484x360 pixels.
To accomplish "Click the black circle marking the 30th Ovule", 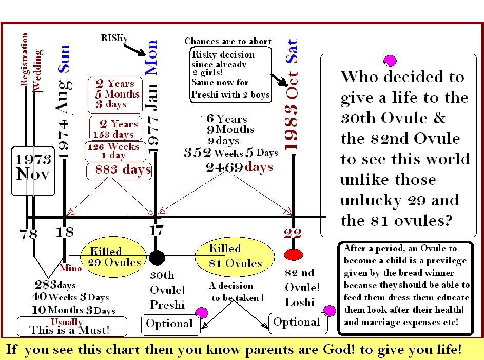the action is pos(157,257).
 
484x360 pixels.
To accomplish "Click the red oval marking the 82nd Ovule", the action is pos(293,255).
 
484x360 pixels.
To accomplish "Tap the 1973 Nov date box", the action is pos(33,171).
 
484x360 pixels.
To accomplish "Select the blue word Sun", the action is pos(64,59).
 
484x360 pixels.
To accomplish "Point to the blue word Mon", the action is pos(151,58).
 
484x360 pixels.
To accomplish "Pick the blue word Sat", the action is pos(292,51).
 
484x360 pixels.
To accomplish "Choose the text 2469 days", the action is pos(239,167).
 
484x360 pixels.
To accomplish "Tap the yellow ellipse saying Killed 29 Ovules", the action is pos(113,257).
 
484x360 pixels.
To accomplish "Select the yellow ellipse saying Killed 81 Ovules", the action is pos(235,255).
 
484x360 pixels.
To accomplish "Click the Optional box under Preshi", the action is pos(171,325).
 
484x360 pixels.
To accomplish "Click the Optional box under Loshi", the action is pos(298,323).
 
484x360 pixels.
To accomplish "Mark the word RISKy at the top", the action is pos(114,38).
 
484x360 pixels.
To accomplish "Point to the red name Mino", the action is pos(71,268).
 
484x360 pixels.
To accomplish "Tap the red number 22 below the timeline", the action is pos(293,233).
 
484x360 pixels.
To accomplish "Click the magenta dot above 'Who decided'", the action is pos(390,61).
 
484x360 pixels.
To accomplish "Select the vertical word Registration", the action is pos(24,59).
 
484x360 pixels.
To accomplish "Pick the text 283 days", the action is pos(55,285).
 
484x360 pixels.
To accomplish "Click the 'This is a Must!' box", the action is pos(72,326).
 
